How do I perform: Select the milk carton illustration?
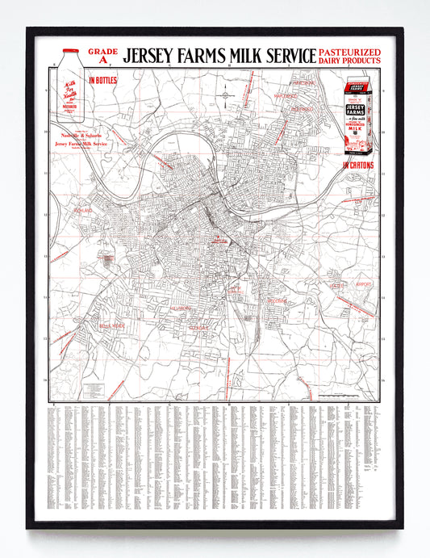[x=359, y=116]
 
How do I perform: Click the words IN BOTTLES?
[x=102, y=80]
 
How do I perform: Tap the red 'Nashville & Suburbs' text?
[x=77, y=136]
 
